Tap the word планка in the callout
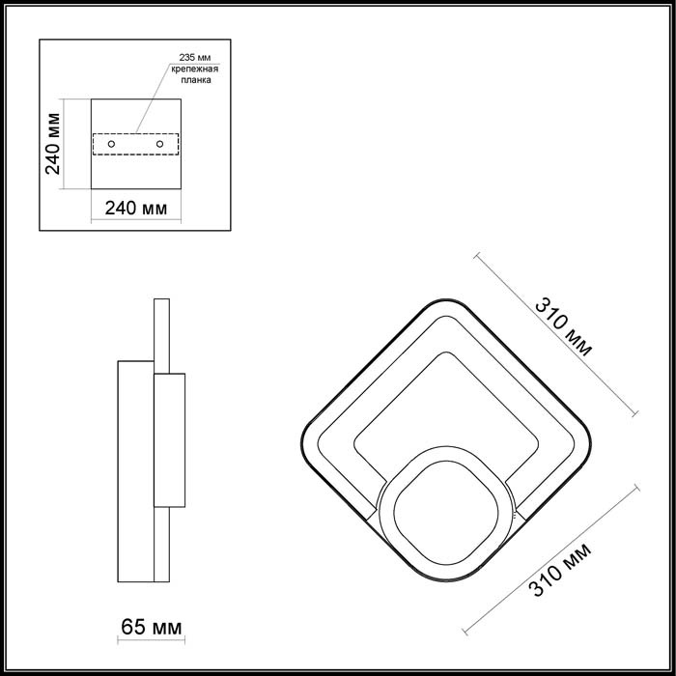coord(195,82)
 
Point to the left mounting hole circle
coord(112,144)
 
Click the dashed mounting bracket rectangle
coord(135,133)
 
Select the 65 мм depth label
coord(152,629)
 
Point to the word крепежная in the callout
coord(195,70)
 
